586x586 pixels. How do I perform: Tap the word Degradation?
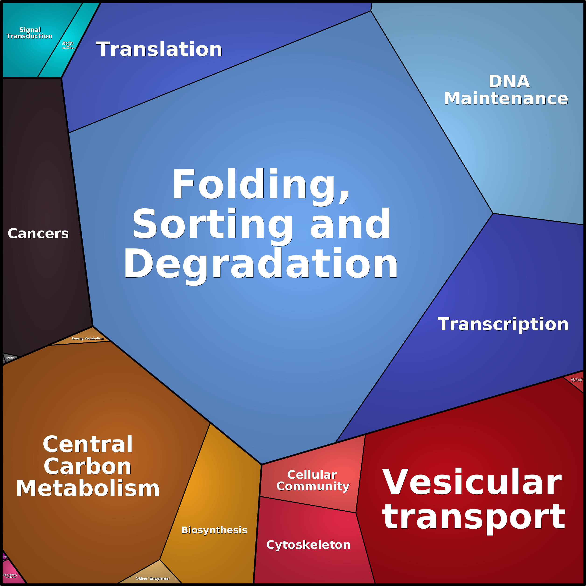coord(261,263)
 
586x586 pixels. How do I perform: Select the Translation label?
coord(159,49)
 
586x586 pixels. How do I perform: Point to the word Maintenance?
coord(506,99)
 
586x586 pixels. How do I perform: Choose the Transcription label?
coord(503,324)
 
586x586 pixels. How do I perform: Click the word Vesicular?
coord(472,482)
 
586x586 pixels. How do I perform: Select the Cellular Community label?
coord(313,481)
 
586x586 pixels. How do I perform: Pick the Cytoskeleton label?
coord(308,545)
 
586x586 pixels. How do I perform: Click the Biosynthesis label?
coord(214,530)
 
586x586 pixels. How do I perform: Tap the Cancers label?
coord(38,234)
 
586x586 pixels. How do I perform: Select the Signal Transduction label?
coord(29,33)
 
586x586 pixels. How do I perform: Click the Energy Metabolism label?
coord(88,338)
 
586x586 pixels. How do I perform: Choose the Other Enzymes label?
coord(152,578)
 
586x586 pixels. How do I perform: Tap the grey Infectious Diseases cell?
coord(10,358)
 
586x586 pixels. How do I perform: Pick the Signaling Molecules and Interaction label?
coord(68,45)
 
